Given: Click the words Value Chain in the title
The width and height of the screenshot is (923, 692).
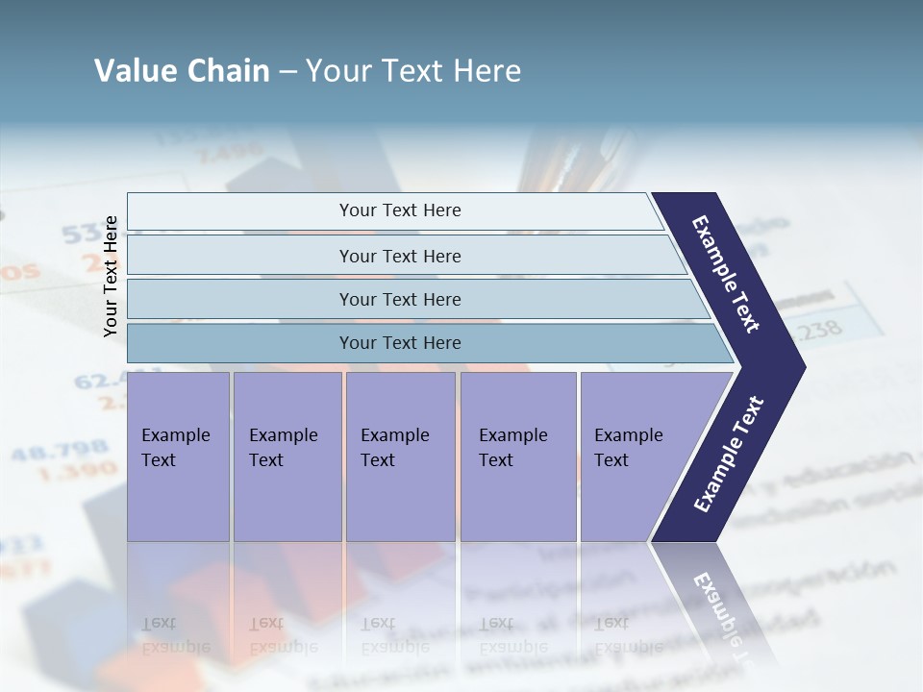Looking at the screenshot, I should [182, 71].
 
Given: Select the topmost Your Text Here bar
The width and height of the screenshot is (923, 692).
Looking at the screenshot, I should [399, 210].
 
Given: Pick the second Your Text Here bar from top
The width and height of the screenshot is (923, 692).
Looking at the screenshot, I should [399, 256].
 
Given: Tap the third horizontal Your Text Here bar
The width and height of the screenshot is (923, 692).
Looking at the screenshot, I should [399, 299].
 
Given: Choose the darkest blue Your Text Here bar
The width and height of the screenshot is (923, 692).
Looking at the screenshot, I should [399, 343].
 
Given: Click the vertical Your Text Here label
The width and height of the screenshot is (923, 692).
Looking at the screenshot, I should [112, 276].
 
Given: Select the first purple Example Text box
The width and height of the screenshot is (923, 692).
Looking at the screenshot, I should [178, 457].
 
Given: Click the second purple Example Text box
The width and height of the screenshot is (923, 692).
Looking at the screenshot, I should [287, 457].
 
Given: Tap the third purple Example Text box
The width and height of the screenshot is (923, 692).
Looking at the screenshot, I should [399, 457].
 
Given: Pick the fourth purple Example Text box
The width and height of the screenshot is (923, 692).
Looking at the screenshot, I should [517, 457].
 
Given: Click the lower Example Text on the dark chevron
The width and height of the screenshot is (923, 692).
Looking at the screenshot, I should [729, 454].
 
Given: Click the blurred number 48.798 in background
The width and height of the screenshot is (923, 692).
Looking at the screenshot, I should [46, 450].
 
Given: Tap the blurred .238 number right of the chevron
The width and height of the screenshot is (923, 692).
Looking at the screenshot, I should [817, 330].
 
